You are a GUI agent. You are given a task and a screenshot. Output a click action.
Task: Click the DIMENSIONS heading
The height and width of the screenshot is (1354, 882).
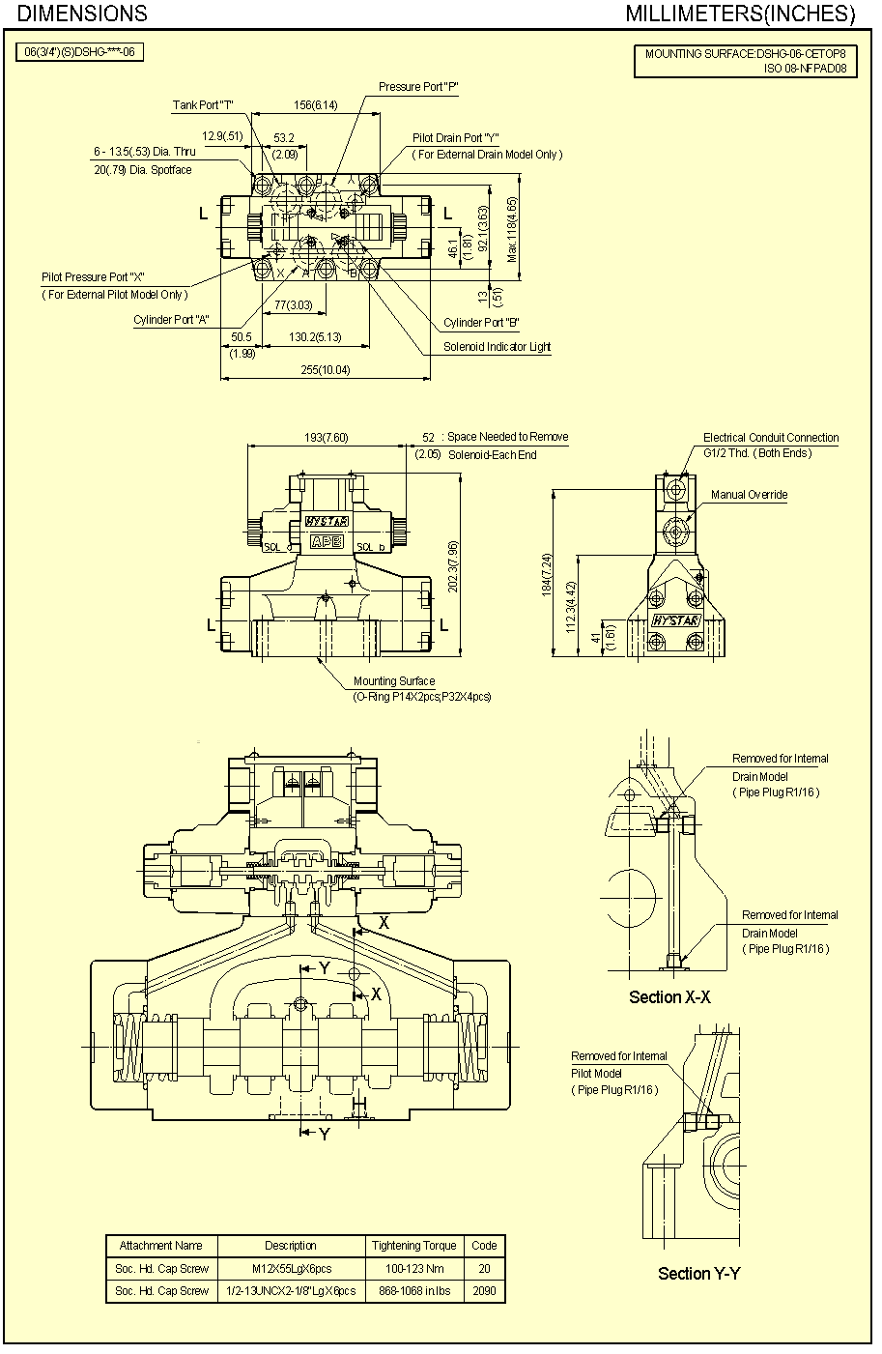point(83,14)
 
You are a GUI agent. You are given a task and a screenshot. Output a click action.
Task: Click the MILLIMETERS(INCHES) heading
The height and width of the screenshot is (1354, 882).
point(740,14)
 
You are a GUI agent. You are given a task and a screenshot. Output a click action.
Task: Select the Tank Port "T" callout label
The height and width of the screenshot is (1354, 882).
point(203,105)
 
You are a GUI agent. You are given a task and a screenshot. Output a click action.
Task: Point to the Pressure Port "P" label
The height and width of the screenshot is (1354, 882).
point(417,87)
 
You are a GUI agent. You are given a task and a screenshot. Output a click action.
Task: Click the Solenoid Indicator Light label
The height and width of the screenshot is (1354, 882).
point(497,347)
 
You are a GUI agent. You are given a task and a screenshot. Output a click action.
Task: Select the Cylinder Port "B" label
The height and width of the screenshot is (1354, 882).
point(481,323)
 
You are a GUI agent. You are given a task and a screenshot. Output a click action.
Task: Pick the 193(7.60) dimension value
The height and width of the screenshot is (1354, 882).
point(326,438)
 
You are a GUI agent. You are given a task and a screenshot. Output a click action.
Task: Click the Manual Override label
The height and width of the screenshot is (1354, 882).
point(749,495)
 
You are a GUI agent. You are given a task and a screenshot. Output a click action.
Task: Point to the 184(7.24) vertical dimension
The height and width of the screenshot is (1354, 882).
point(547,574)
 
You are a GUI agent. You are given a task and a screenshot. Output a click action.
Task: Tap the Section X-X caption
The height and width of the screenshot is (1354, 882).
point(669,997)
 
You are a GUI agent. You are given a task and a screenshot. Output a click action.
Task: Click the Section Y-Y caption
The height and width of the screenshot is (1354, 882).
point(698,1274)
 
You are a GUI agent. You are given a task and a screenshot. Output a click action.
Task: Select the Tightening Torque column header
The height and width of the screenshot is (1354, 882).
point(413,1246)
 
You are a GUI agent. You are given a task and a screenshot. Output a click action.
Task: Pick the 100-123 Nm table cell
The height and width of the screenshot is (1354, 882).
point(413,1269)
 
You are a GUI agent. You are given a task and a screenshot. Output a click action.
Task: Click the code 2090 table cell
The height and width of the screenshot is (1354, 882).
point(484,1291)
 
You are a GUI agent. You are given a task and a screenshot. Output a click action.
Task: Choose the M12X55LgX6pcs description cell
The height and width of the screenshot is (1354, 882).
point(291,1269)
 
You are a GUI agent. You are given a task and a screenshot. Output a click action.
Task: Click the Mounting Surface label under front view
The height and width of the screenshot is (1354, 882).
point(393,681)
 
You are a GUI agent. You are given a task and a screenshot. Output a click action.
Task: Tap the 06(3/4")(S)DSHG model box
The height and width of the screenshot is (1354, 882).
point(79,52)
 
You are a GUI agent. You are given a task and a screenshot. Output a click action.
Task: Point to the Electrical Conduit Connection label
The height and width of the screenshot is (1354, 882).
point(770,438)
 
